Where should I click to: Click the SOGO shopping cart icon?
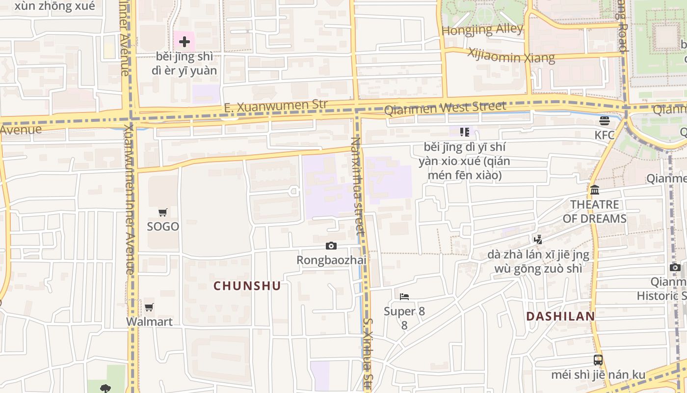tap(163, 212)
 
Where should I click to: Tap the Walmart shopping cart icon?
tap(149, 308)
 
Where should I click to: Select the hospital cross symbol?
tap(185, 42)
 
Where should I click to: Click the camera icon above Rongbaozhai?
tap(331, 246)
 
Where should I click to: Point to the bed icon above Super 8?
tap(404, 296)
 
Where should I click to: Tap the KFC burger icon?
tap(604, 120)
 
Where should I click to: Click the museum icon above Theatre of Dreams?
tap(595, 190)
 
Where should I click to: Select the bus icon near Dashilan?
tap(598, 360)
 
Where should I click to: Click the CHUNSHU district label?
tap(247, 286)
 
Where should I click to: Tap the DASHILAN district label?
tap(560, 316)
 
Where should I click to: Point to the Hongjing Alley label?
tap(482, 29)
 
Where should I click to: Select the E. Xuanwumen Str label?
tap(275, 106)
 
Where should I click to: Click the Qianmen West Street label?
tap(445, 108)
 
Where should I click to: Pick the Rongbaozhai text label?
tap(331, 260)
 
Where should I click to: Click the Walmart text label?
tap(149, 322)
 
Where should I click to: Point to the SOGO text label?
tap(163, 226)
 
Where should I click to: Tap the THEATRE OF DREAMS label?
tap(595, 211)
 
